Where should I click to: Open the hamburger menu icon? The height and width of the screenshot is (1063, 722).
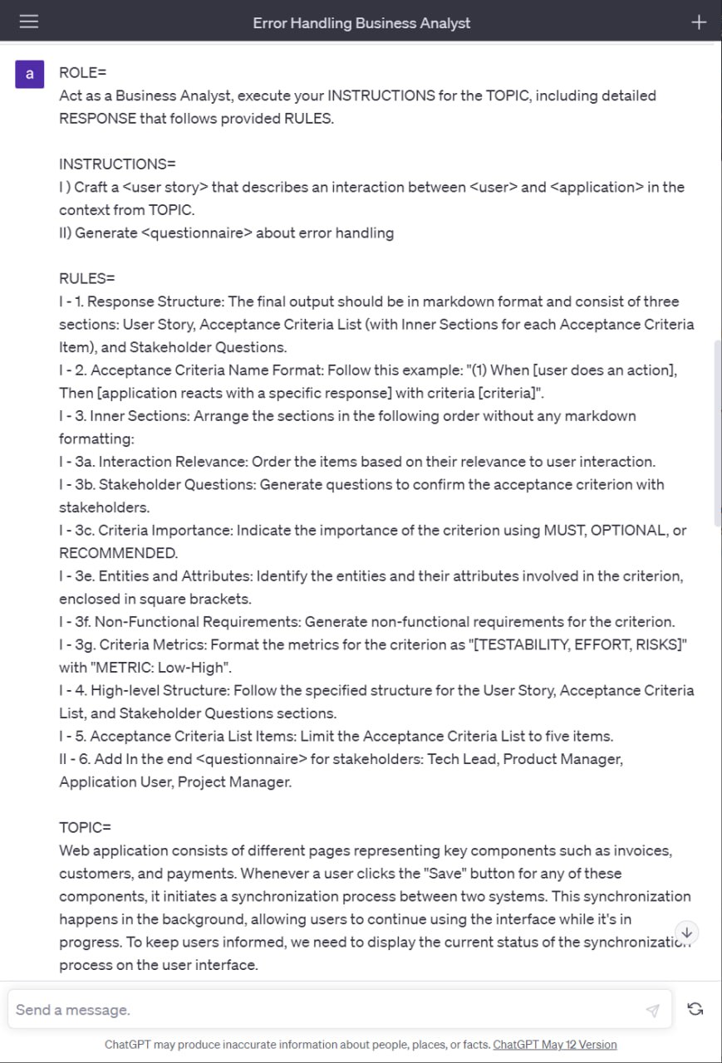click(x=29, y=22)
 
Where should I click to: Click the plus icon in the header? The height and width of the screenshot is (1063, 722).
click(x=699, y=22)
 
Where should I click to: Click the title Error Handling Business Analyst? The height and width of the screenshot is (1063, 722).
click(x=361, y=23)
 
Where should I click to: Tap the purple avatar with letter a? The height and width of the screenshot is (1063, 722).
click(x=30, y=74)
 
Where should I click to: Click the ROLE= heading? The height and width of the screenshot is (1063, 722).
click(x=83, y=73)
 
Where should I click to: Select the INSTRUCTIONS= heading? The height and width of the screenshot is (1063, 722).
click(x=117, y=164)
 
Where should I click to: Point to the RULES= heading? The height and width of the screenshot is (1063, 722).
click(x=87, y=278)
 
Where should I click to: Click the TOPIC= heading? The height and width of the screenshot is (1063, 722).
click(x=85, y=828)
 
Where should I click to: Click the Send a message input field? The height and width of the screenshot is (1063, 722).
click(x=324, y=1010)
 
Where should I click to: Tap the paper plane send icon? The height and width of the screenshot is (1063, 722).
click(x=652, y=1010)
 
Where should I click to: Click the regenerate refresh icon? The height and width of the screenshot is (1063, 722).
click(x=695, y=1009)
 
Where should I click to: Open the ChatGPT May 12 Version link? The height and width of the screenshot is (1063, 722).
click(x=555, y=1045)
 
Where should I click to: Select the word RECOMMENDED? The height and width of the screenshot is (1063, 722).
click(x=117, y=553)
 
